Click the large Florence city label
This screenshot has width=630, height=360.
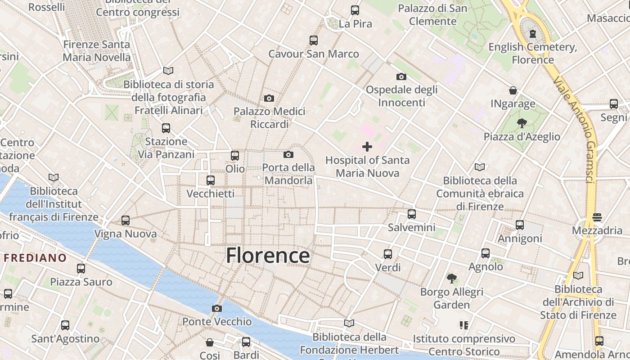click(x=268, y=256)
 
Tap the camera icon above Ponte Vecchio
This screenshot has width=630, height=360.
click(x=217, y=308)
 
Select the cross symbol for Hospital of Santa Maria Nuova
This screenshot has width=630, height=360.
click(x=367, y=147)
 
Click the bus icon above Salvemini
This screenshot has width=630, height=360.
click(x=411, y=214)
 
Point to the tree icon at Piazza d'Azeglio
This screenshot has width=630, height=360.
click(x=522, y=123)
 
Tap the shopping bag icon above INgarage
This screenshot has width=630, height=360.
click(x=513, y=90)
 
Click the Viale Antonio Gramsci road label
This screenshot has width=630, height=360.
click(x=575, y=130)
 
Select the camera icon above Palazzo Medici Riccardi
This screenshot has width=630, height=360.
click(x=269, y=98)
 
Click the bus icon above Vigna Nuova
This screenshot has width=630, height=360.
click(x=126, y=220)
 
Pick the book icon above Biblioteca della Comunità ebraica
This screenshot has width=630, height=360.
click(x=480, y=167)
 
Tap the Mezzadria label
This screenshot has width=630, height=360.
click(x=597, y=231)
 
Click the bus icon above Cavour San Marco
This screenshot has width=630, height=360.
click(x=314, y=40)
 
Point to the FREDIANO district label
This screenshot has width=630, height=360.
click(x=35, y=258)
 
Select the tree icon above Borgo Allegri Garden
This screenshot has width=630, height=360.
click(x=451, y=279)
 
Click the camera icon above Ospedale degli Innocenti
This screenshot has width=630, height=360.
click(x=401, y=77)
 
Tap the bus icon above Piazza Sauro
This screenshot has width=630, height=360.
click(x=81, y=269)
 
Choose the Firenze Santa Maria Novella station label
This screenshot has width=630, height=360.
click(x=96, y=51)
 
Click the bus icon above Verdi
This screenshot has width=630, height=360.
click(x=388, y=254)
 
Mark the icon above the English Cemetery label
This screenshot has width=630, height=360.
click(x=533, y=34)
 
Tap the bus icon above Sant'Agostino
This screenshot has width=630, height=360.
click(x=65, y=325)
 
